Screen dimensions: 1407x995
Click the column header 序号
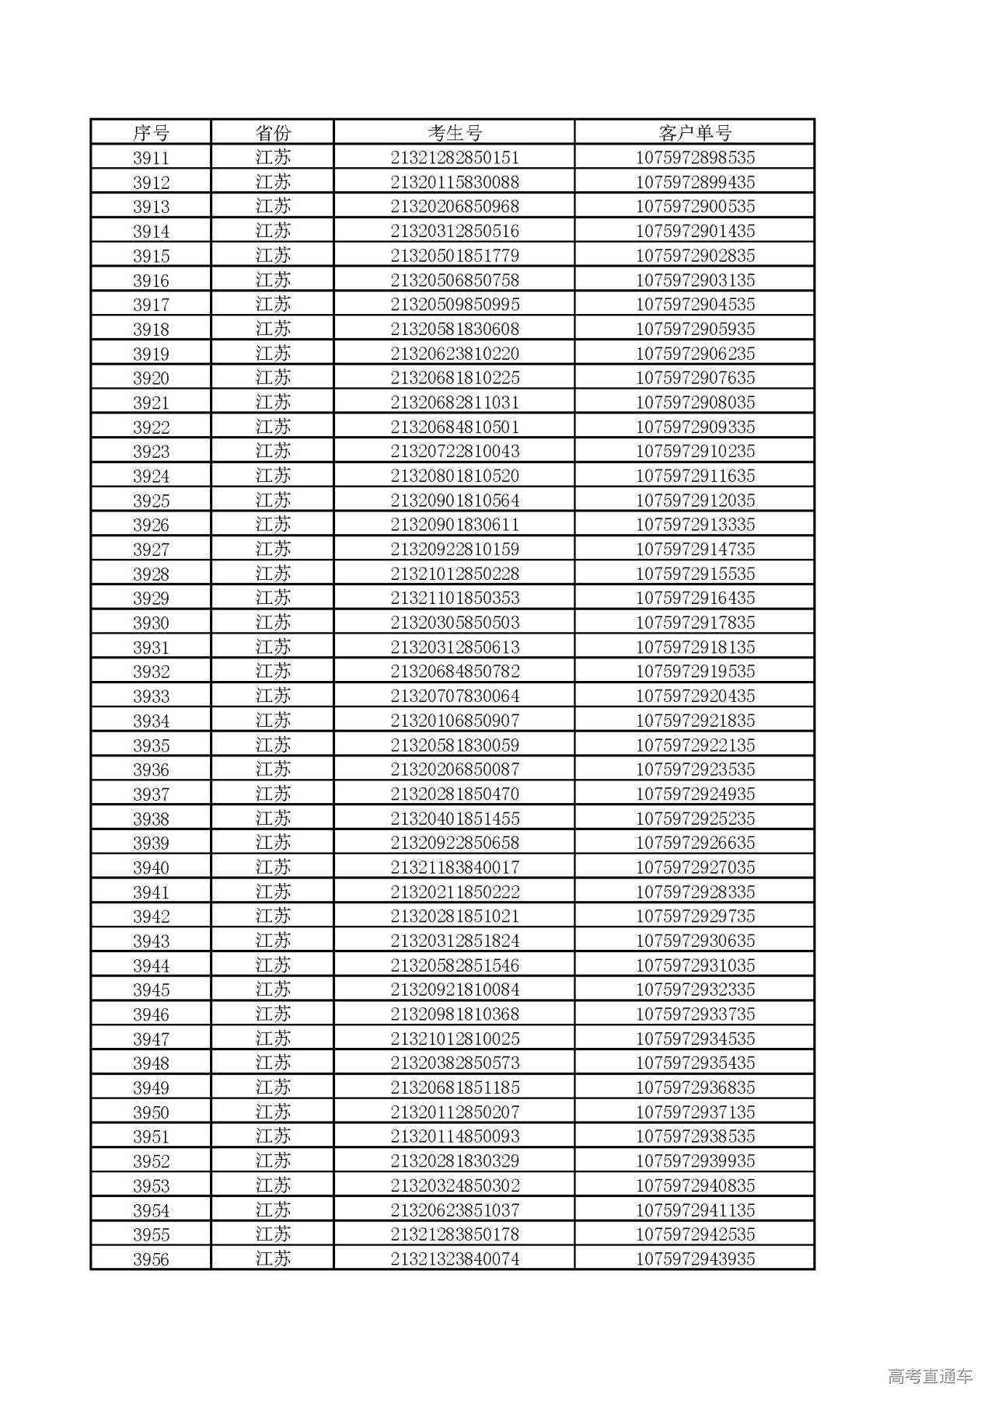click(x=151, y=133)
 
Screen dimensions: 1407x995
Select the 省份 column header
click(x=273, y=133)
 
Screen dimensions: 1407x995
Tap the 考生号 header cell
click(x=455, y=133)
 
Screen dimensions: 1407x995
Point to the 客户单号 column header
click(x=695, y=133)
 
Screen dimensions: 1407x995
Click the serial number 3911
click(x=151, y=158)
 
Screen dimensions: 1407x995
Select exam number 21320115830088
click(x=455, y=183)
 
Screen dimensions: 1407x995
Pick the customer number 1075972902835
click(x=695, y=256)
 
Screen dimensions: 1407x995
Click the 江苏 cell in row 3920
click(x=273, y=378)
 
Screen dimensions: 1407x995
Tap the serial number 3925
click(x=151, y=501)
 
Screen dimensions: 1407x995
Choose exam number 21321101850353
click(x=455, y=598)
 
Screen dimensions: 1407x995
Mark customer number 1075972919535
click(x=695, y=672)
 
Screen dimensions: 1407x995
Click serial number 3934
click(x=151, y=721)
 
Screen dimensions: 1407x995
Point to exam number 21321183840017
click(x=455, y=868)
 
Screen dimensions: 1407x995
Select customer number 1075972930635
click(x=695, y=941)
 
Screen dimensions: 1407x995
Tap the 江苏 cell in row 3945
click(x=273, y=990)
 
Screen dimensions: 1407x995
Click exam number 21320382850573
click(x=455, y=1063)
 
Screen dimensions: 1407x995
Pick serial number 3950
click(x=151, y=1112)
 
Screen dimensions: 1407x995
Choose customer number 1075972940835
click(x=695, y=1185)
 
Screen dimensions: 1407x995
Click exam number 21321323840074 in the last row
click(x=455, y=1259)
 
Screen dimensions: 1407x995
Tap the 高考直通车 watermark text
click(x=930, y=1376)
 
